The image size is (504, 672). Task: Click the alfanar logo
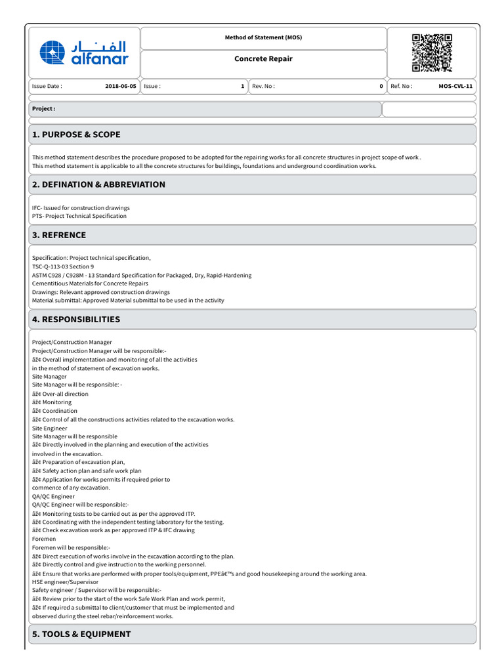point(83,52)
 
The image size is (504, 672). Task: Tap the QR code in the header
point(432,52)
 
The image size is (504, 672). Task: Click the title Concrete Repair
point(263,59)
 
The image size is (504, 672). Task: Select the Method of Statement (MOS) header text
point(263,37)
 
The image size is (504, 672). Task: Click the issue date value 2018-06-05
point(121,86)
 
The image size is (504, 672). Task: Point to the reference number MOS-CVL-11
point(455,86)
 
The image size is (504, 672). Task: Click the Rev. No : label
point(264,86)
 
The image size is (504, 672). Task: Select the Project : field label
point(44,109)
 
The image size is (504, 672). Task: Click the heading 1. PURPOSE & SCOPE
point(76,135)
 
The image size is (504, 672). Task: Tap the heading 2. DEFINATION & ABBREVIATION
point(98,184)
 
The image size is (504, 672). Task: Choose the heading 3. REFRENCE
point(59,235)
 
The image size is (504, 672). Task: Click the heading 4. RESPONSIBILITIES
point(76,320)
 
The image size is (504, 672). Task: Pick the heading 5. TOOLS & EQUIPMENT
point(81,634)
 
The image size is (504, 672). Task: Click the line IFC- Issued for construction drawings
point(81,207)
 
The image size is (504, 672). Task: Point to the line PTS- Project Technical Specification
point(79,216)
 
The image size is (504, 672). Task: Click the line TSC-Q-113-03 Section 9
point(63,266)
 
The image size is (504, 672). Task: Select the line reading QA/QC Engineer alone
point(53,497)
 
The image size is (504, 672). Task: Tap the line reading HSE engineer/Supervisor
point(65,581)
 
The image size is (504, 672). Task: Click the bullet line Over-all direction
point(60,394)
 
